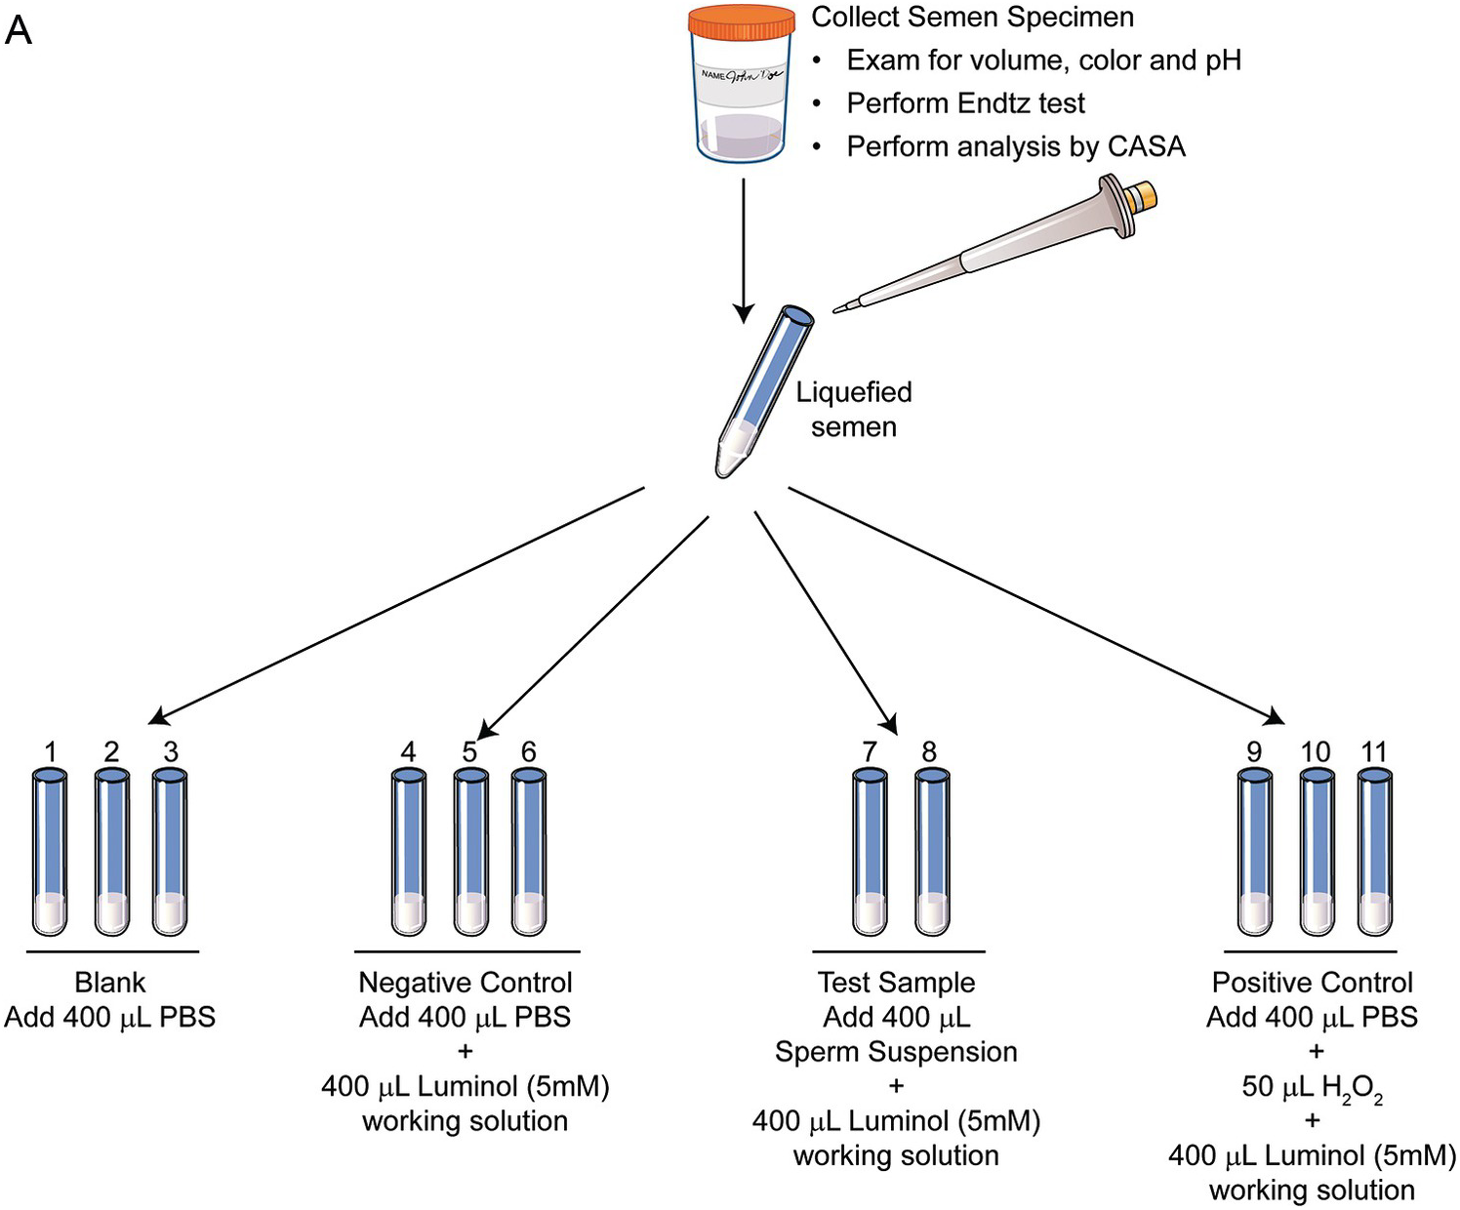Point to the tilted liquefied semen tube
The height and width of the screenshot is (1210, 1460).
point(764,391)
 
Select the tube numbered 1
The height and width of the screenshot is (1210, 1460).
point(50,852)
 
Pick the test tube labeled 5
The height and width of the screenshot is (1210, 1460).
point(470,852)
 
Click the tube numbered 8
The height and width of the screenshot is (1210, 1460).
point(932,852)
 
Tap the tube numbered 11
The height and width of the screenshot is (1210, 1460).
point(1375,852)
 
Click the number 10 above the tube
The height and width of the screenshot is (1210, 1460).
point(1316,752)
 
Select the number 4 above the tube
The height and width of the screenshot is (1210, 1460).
point(408,752)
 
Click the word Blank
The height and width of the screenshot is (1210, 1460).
point(109,983)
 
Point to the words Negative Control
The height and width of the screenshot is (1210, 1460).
point(466,983)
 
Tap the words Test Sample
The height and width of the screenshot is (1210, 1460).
point(897,983)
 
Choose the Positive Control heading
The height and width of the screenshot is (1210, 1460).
point(1313,983)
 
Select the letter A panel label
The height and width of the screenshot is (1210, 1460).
point(19,31)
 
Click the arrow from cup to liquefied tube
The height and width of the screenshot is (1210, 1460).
point(744,250)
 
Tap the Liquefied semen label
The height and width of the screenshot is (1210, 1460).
point(854,410)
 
